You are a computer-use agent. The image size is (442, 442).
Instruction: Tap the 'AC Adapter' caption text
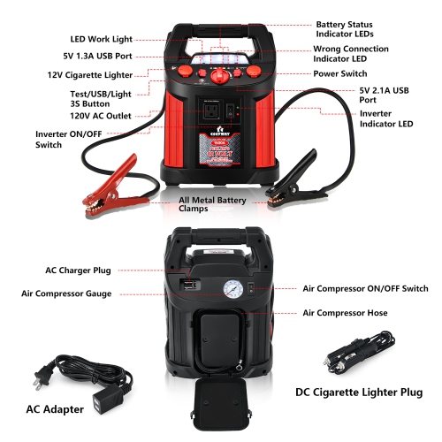[x=54, y=408]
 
